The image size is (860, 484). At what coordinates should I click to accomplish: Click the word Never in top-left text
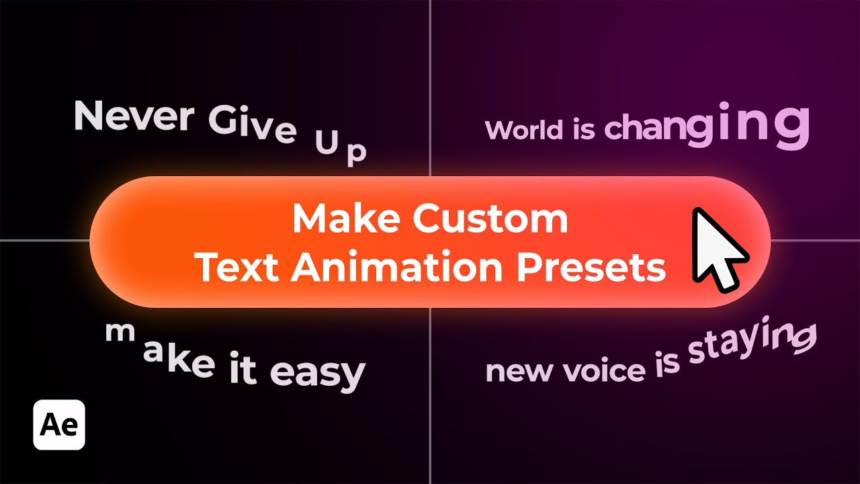(133, 116)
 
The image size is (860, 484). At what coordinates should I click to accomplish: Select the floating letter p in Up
(356, 153)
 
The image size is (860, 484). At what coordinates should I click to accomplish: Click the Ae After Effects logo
(59, 425)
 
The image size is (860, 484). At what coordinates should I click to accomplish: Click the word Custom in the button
(490, 220)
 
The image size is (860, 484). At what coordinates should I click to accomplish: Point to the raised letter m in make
(118, 331)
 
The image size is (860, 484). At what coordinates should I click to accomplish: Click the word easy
(317, 373)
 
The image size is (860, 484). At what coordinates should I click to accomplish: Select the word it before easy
(243, 370)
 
